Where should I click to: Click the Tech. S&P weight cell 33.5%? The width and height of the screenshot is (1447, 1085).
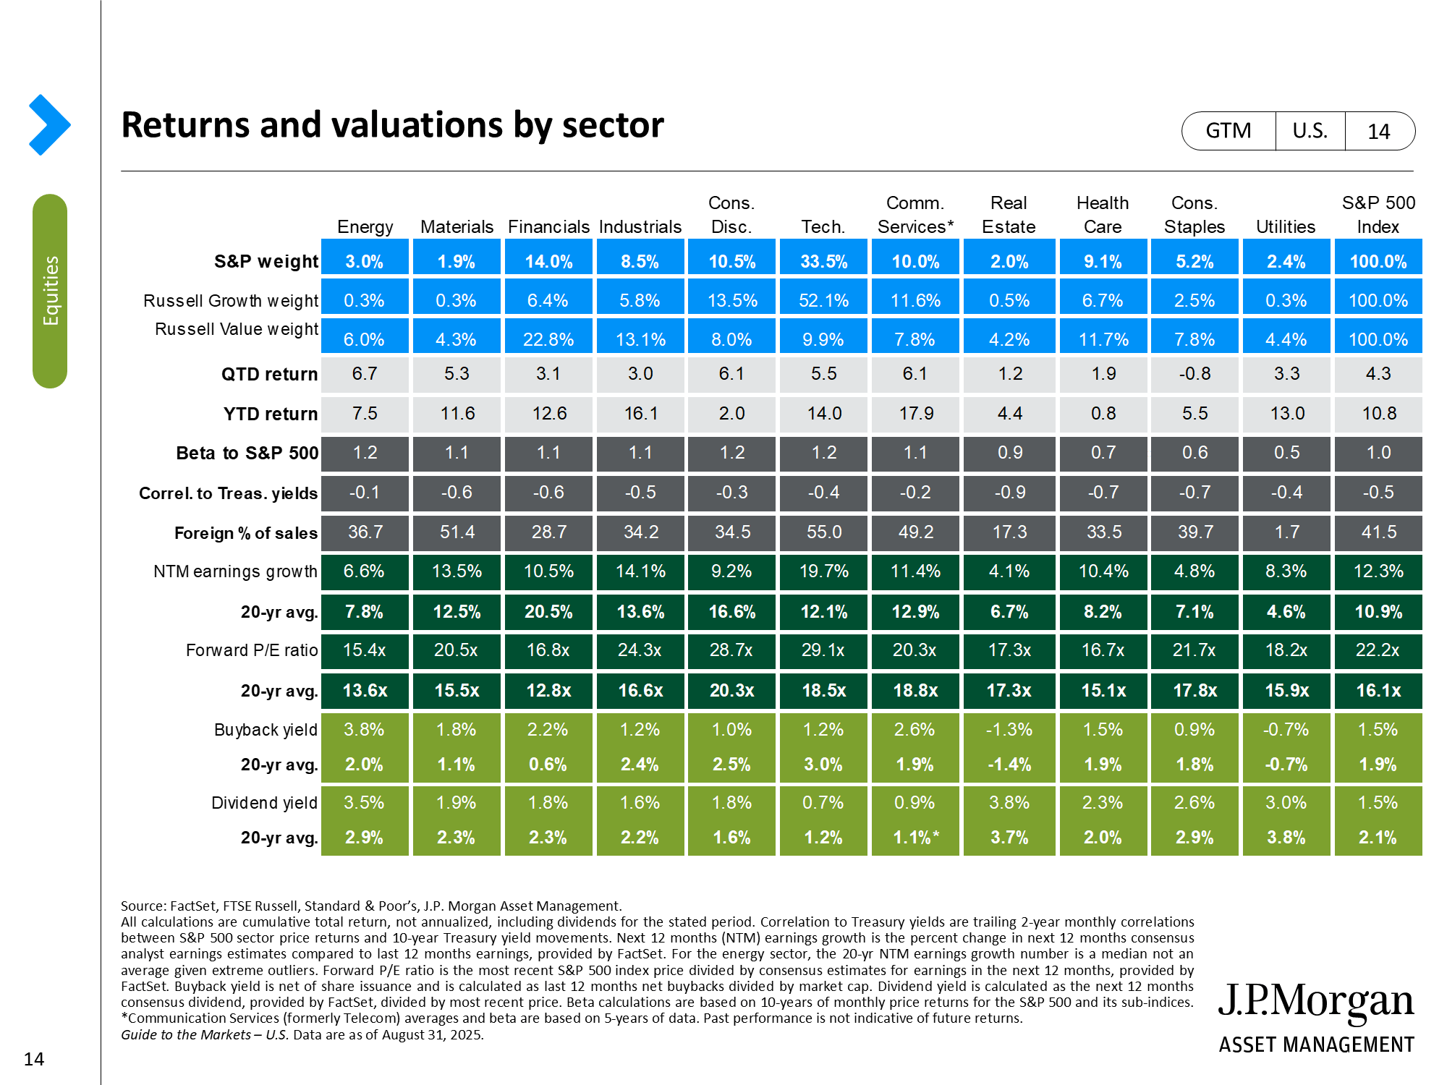tap(823, 261)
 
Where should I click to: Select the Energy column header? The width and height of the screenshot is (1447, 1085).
tap(365, 227)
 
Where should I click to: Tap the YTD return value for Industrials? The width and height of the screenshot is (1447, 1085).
tap(640, 414)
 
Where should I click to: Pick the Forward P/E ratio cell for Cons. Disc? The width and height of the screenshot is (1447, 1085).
tap(731, 650)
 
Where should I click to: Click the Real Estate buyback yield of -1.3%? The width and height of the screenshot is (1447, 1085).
tap(1009, 730)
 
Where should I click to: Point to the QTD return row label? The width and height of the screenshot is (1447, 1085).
tap(269, 374)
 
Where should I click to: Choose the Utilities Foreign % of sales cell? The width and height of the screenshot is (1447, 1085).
tap(1286, 532)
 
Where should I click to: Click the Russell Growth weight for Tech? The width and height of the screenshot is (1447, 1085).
tap(823, 301)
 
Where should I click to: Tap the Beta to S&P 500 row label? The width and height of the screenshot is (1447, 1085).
tap(247, 454)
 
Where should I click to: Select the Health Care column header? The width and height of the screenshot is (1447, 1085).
tap(1103, 215)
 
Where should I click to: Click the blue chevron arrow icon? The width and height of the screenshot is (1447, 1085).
tap(49, 125)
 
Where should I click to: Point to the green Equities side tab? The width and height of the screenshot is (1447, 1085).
tap(50, 291)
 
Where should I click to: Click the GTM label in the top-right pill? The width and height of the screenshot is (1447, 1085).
tap(1228, 131)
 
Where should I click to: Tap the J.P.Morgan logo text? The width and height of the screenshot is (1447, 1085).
tap(1316, 1001)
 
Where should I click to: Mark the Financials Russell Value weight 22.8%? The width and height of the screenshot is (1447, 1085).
tap(548, 340)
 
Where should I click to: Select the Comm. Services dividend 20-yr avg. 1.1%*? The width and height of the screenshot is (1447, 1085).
tap(915, 838)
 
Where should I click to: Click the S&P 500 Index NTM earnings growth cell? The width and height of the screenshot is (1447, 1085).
tap(1378, 571)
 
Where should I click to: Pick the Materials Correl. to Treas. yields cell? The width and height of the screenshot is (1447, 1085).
tap(457, 493)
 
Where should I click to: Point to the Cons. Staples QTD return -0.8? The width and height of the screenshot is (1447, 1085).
tap(1194, 374)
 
